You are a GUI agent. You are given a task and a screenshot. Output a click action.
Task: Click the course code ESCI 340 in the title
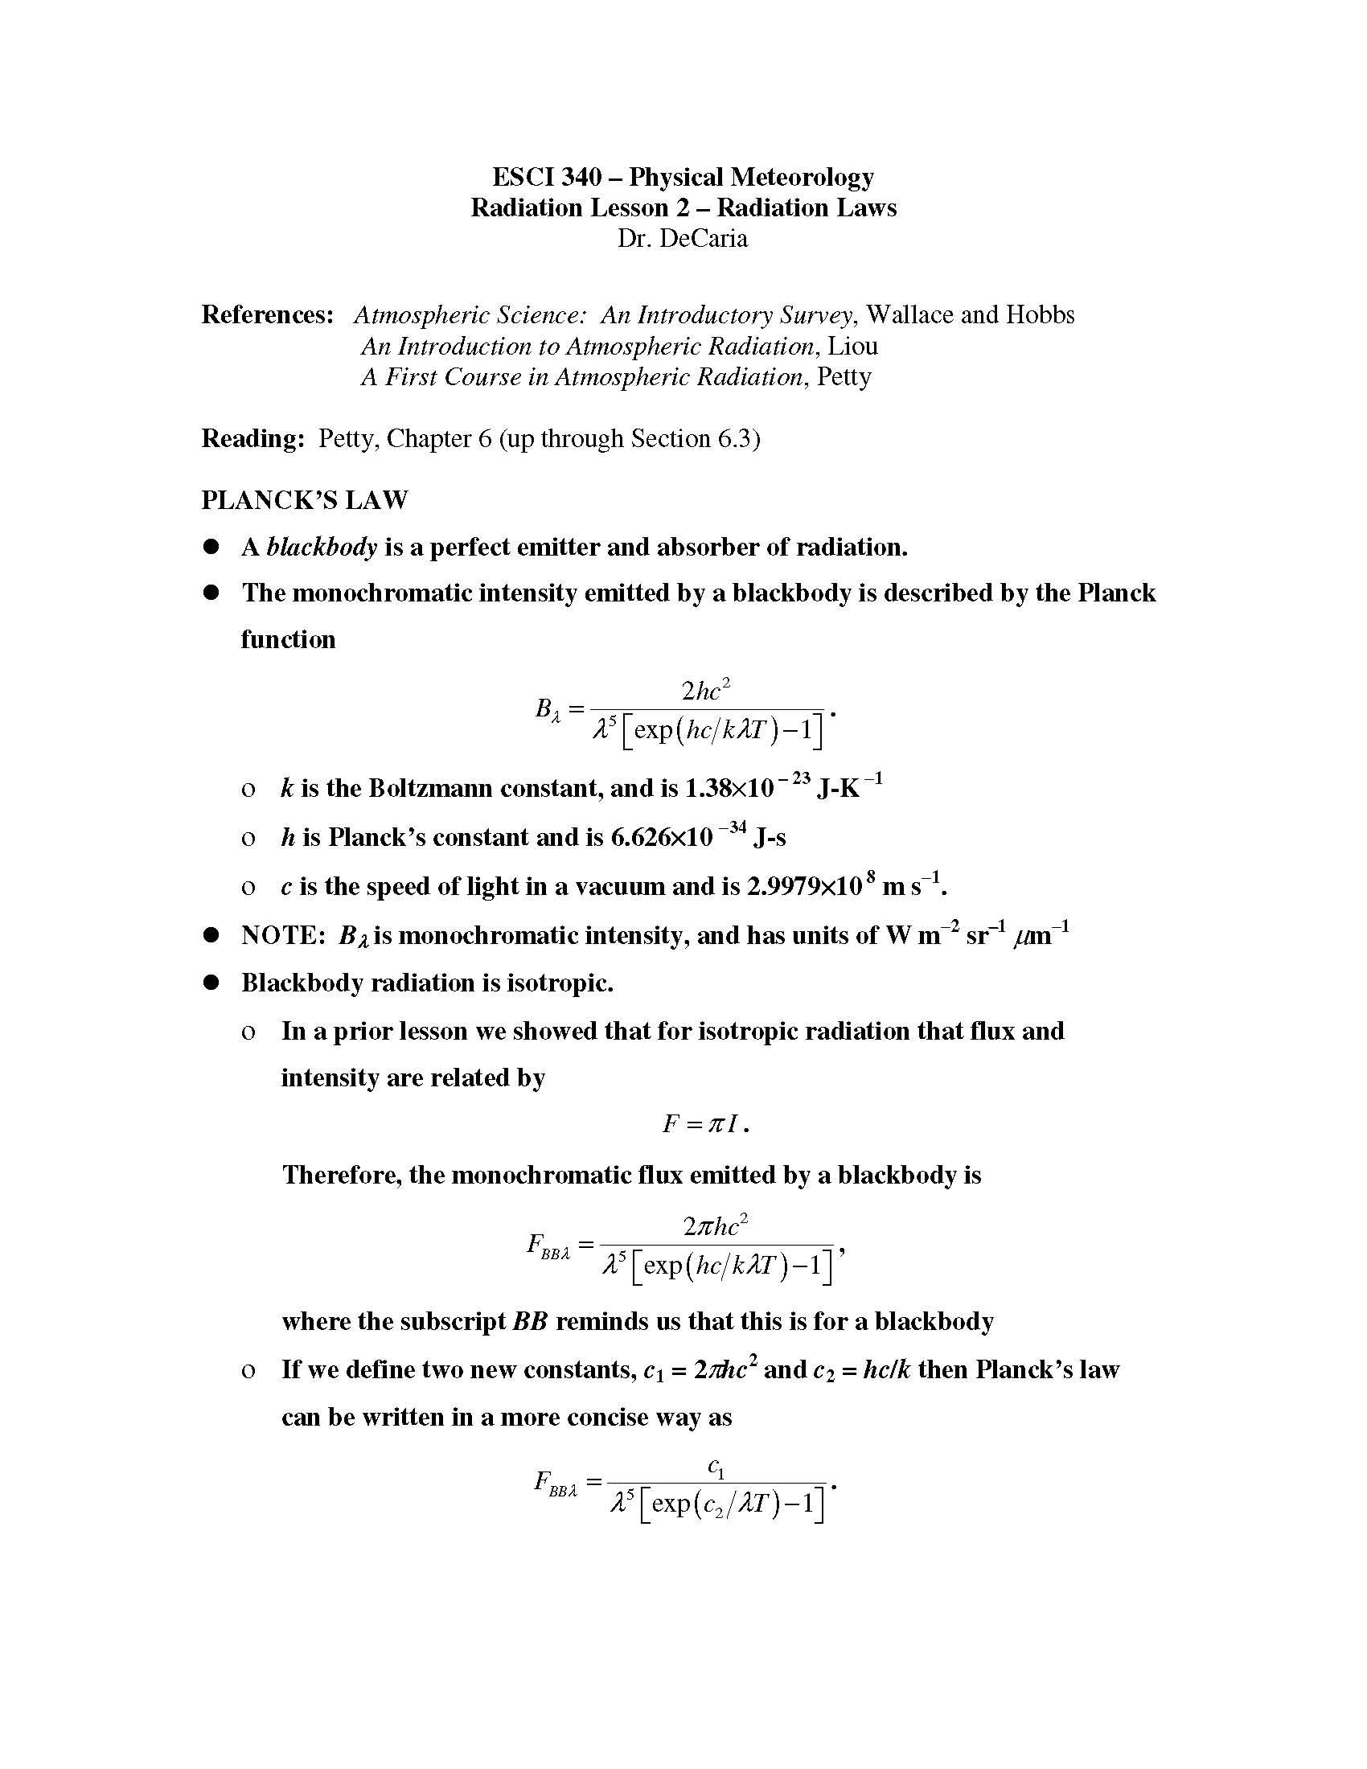coord(547,177)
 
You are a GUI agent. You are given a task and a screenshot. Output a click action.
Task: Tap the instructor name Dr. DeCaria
coord(682,238)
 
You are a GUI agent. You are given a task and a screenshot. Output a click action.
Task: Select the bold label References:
coord(267,314)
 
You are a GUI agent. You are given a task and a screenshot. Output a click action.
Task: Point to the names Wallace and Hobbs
coord(970,314)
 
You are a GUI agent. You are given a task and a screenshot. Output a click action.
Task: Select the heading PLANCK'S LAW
coord(305,500)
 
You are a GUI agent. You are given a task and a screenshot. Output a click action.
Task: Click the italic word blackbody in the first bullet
coord(322,547)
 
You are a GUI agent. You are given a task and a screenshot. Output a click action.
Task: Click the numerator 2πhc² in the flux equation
coord(715,1226)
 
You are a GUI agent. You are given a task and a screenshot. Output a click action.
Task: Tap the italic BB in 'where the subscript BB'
coord(531,1321)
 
